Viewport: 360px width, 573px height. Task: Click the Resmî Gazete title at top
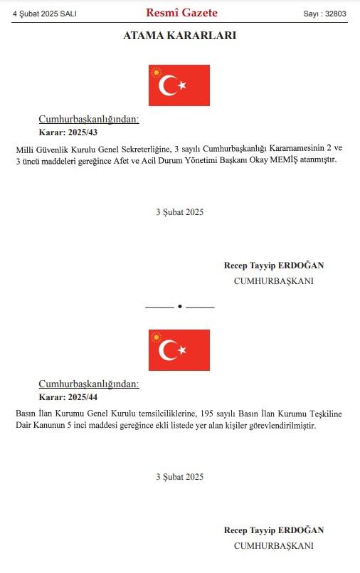181,13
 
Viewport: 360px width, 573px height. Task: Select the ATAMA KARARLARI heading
179,35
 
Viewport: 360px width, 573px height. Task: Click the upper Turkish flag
179,85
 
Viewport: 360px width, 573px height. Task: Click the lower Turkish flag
179,350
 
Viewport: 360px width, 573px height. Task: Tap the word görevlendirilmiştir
278,426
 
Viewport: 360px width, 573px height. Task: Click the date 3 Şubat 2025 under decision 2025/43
179,212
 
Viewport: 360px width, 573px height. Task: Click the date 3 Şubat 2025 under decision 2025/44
179,477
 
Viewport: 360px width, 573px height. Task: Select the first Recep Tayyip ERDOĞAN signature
273,266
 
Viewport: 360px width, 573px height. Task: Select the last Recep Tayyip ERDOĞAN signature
273,530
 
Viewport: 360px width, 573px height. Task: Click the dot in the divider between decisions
179,306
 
